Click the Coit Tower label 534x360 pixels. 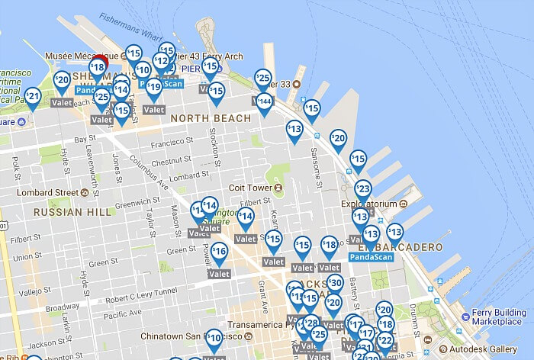tap(251, 188)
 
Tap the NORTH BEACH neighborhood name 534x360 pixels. tap(211, 118)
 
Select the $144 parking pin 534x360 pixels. tap(264, 101)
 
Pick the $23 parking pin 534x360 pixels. tap(363, 188)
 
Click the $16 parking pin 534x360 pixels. tap(219, 251)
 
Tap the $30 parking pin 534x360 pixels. tap(334, 283)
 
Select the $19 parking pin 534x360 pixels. tap(154, 87)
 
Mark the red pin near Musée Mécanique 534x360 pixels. tap(100, 61)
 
